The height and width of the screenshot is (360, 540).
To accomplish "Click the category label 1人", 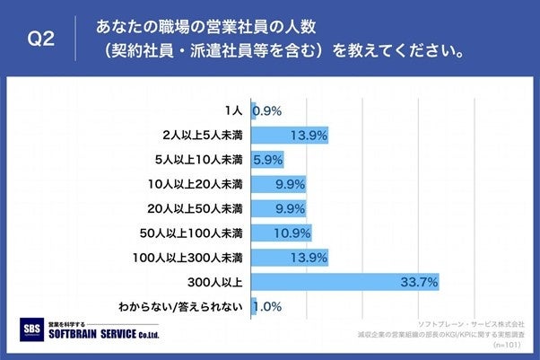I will coord(232,111).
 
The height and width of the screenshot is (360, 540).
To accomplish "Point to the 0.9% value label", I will coord(268,111).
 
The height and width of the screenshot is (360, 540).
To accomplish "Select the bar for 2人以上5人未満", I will coord(289,136).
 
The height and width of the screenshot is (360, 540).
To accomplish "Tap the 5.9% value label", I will coord(268,161).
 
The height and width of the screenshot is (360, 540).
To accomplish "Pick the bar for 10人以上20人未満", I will coord(278,185).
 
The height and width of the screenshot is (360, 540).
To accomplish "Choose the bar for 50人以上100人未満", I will coord(281,233).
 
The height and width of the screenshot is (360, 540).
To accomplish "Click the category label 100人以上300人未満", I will coord(191,259).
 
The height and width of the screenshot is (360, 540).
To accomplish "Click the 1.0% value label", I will coord(269,308).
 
